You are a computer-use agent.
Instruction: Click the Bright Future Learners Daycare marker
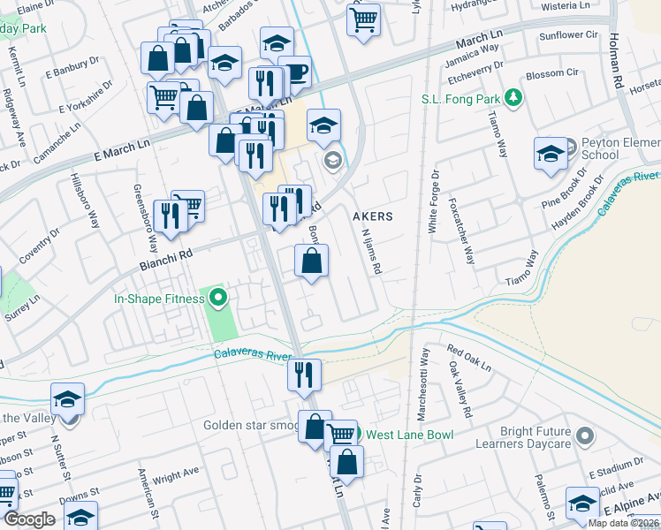tap(584, 435)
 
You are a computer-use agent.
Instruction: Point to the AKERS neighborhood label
tap(372, 216)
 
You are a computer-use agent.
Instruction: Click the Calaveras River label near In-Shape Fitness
tap(253, 355)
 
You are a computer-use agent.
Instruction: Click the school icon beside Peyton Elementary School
tap(551, 153)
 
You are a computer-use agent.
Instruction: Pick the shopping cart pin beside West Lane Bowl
tap(340, 434)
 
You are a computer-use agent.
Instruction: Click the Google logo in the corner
tap(28, 519)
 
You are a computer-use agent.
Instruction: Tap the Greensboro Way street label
tap(145, 217)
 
